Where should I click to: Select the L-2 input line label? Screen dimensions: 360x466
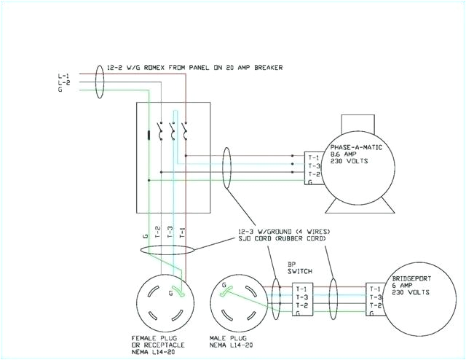64,84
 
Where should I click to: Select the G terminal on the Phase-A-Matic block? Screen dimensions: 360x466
312,182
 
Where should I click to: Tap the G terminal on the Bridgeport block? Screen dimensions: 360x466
373,313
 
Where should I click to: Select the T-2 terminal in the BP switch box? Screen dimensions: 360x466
301,305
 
